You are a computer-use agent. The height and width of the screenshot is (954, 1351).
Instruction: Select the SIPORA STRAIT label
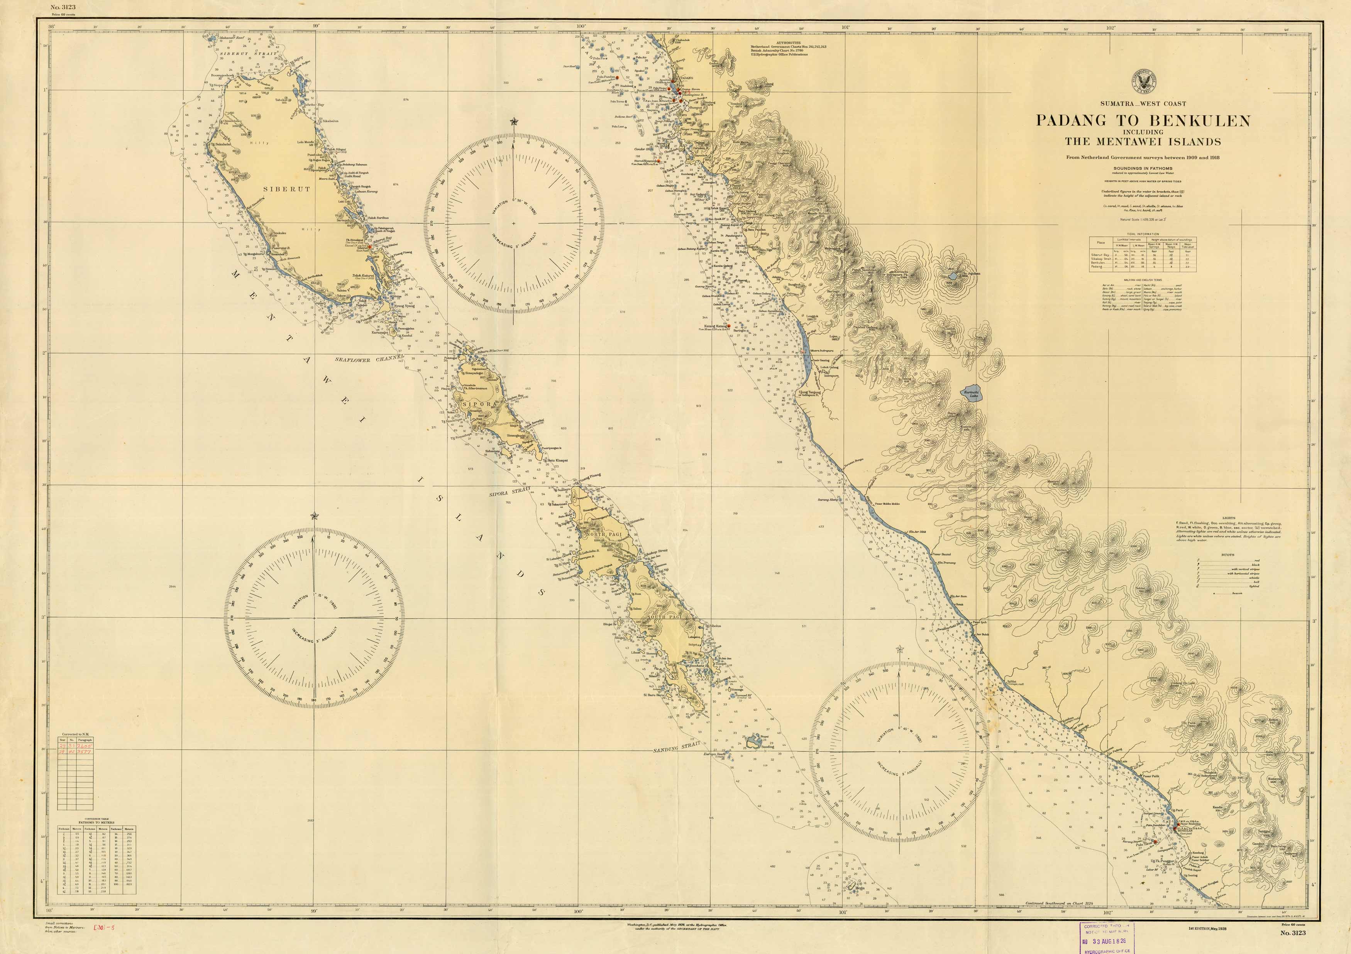click(x=510, y=492)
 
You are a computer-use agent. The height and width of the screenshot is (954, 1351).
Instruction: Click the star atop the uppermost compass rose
click(x=514, y=122)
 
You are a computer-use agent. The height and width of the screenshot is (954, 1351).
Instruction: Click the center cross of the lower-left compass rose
click(x=313, y=618)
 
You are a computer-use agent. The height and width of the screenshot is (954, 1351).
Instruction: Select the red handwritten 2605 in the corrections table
click(x=85, y=745)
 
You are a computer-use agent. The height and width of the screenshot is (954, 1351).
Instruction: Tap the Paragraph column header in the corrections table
click(x=85, y=740)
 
